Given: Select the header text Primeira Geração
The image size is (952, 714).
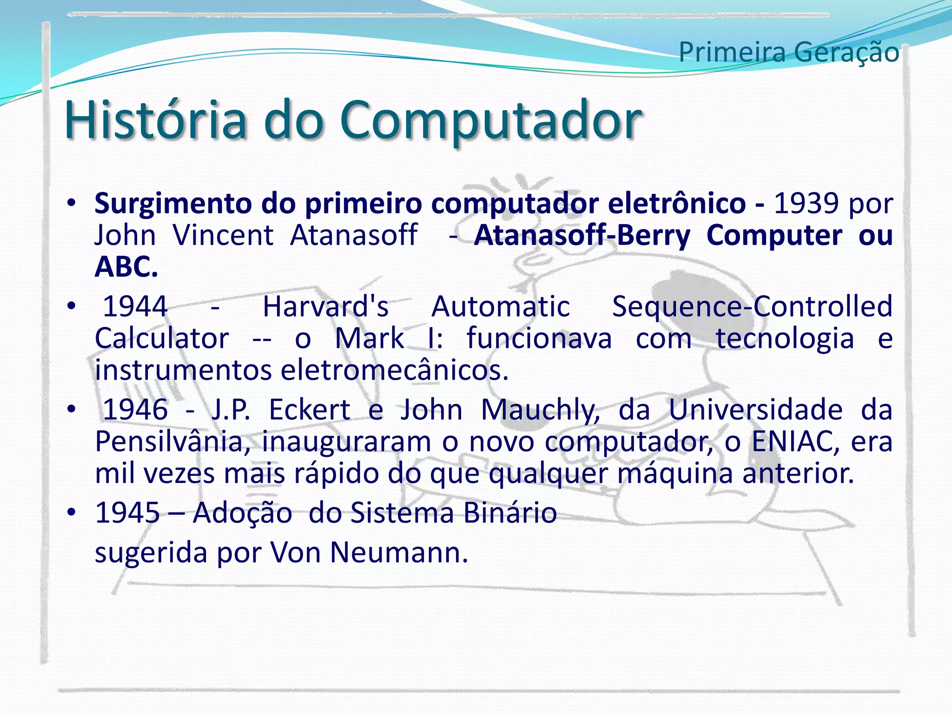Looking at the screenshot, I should [x=789, y=52].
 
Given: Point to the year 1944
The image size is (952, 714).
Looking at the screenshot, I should [x=135, y=307].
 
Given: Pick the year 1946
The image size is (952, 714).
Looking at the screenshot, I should [x=135, y=410].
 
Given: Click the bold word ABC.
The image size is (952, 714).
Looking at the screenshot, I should [x=126, y=267].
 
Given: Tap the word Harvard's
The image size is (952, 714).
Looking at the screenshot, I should [x=325, y=307].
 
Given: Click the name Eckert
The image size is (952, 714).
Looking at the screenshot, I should [x=310, y=410].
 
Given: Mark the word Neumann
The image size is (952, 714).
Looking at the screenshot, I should [x=399, y=553].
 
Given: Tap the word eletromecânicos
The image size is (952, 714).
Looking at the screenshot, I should [x=395, y=370].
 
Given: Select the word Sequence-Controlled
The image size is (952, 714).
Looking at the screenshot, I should [x=752, y=307].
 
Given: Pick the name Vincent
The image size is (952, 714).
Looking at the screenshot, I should [x=223, y=235].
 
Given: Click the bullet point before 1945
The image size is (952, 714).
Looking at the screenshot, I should [x=71, y=513].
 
